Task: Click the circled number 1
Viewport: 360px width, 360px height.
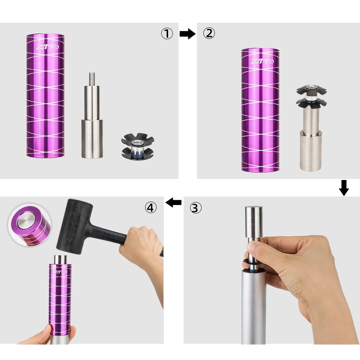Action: [167, 33]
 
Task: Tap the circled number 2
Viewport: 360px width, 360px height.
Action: [209, 33]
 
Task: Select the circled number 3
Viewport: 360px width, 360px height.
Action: [195, 208]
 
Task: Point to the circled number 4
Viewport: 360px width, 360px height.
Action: [150, 207]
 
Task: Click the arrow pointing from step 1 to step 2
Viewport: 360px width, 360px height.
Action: [188, 34]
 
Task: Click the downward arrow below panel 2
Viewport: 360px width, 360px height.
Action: [344, 188]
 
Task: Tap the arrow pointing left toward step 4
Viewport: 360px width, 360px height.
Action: [174, 202]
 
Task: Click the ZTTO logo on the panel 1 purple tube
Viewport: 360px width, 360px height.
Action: [48, 47]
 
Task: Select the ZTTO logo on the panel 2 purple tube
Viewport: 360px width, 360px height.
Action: [262, 61]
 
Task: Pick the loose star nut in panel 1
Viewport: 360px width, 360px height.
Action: [138, 147]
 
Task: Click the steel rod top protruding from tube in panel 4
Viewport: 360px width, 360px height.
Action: [60, 260]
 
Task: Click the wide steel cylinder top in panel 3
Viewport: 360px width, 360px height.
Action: [254, 222]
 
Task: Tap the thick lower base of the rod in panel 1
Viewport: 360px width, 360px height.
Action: [92, 139]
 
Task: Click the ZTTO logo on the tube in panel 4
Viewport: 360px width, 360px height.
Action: [61, 272]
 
